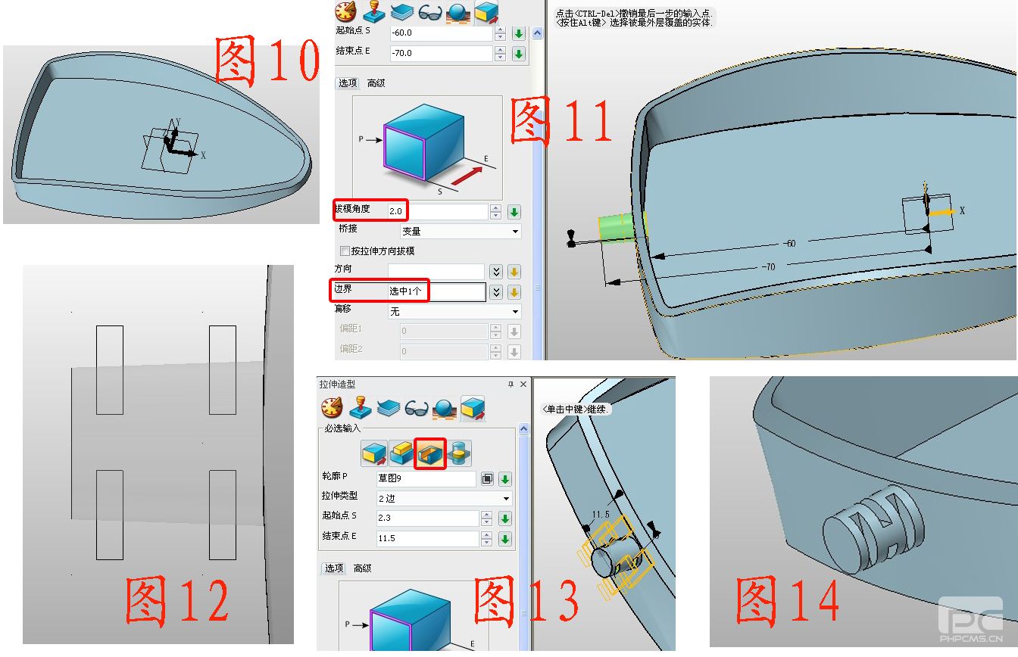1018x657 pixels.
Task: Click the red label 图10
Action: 267,60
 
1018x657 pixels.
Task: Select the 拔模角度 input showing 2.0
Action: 438,211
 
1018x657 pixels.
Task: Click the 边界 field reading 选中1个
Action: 436,291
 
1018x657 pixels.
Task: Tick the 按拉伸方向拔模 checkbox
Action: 345,251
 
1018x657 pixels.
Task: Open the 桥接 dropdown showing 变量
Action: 460,232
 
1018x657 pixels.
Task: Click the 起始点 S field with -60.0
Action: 442,33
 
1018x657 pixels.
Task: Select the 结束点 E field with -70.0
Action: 442,53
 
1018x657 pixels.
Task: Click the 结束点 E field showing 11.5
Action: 427,538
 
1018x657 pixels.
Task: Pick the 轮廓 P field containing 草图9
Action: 426,478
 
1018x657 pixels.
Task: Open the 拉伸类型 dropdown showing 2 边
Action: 444,499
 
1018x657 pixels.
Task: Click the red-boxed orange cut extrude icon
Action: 430,453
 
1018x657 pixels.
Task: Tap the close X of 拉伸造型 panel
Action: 523,384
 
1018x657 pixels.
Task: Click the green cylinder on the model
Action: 617,227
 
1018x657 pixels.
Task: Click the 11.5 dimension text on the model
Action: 601,515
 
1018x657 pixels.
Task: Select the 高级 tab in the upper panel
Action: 376,83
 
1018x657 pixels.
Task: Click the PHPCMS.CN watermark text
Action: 971,639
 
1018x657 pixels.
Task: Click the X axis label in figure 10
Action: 203,156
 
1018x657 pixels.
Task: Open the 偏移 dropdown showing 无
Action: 454,312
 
